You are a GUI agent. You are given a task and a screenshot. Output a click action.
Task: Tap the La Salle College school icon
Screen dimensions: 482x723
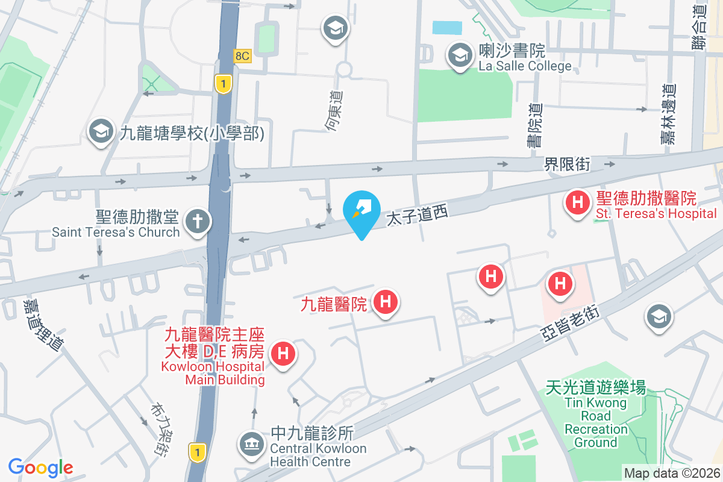coord(460,55)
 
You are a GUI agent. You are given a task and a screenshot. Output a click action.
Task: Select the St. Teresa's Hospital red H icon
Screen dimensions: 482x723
coord(577,202)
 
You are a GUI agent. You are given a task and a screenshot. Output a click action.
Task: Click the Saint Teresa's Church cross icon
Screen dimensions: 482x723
coord(196,221)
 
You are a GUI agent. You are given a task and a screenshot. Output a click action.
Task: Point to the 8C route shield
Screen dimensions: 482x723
coord(242,56)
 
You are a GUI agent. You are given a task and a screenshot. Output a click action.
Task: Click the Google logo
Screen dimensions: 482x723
coord(41,467)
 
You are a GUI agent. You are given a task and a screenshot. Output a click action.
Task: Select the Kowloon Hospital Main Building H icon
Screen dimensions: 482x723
coord(283,352)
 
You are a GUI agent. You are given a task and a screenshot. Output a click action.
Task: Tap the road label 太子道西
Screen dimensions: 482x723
coord(417,218)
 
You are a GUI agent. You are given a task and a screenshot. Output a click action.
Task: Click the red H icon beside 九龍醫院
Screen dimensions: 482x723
coord(386,301)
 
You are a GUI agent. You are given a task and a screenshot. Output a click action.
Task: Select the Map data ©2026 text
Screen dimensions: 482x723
coord(671,473)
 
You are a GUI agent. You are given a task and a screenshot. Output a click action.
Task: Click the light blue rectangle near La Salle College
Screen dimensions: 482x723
coord(447,28)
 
